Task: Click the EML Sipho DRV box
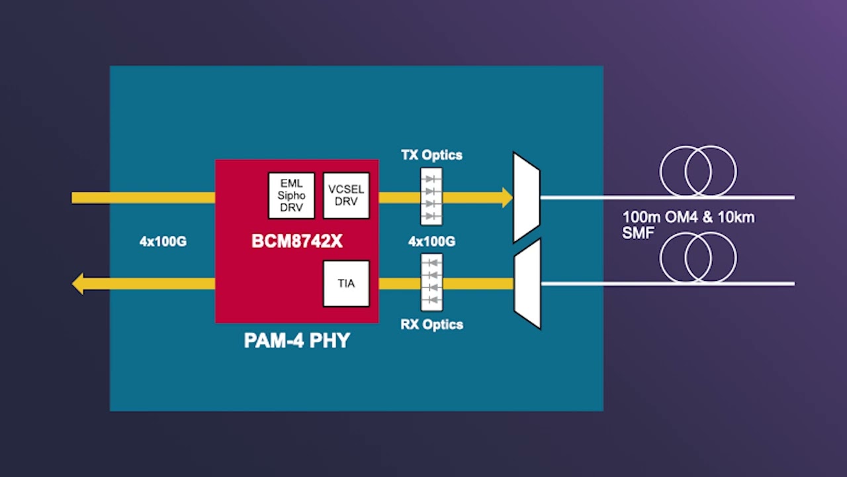(291, 195)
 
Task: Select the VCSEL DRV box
(346, 195)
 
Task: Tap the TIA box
(346, 284)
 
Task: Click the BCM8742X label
(297, 241)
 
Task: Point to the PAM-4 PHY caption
(296, 341)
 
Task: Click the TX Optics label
(431, 155)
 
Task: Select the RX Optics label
(431, 325)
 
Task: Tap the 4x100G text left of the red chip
(163, 242)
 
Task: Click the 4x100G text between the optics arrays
(431, 242)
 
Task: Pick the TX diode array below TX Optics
(431, 197)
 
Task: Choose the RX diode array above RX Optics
(431, 282)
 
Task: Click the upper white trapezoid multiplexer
(527, 197)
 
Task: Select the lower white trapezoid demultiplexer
(527, 284)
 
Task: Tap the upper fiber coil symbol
(698, 171)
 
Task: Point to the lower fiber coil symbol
(698, 257)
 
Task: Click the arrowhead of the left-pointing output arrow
(77, 284)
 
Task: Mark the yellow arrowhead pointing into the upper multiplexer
(507, 197)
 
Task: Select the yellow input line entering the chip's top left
(143, 197)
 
